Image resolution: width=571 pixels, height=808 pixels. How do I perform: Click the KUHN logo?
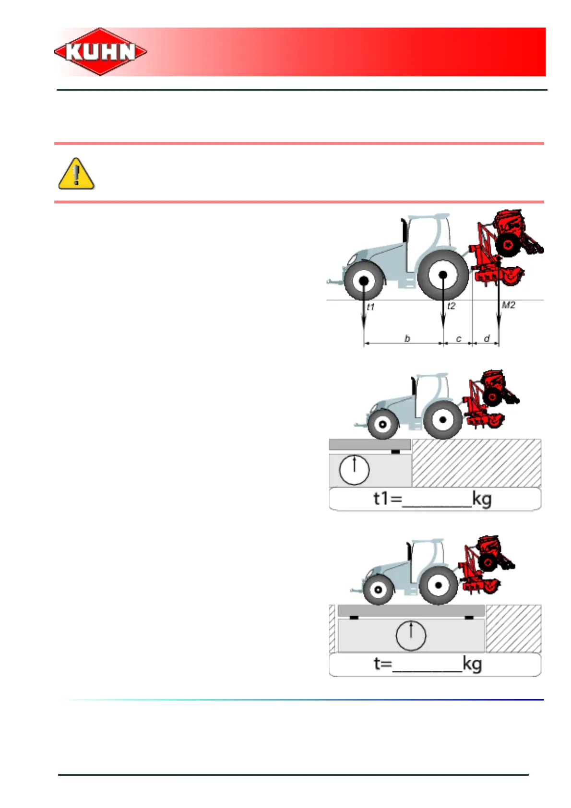(x=100, y=52)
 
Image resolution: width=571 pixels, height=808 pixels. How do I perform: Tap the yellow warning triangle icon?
(x=76, y=174)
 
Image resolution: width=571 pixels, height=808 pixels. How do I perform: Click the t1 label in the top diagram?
(x=370, y=307)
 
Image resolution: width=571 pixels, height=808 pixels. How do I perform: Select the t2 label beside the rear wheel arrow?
(x=451, y=306)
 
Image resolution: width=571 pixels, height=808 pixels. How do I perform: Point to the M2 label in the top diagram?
(x=508, y=305)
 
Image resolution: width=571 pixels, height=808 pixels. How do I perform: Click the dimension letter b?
(x=407, y=338)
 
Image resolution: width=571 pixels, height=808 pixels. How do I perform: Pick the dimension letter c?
(x=459, y=339)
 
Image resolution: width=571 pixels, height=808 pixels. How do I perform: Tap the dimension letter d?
(x=487, y=338)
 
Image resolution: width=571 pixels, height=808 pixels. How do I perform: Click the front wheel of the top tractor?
(x=364, y=281)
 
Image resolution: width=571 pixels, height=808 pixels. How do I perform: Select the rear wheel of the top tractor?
(x=443, y=275)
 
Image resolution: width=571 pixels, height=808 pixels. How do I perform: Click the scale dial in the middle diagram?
(x=354, y=470)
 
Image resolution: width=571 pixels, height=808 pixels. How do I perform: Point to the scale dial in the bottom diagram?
(x=411, y=635)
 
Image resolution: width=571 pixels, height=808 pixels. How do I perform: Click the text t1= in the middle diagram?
(x=388, y=499)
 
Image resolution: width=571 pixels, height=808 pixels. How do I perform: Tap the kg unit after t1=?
(x=482, y=499)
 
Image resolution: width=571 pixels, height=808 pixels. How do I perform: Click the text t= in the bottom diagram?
(x=383, y=664)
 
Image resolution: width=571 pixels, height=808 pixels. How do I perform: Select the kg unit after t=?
(x=472, y=665)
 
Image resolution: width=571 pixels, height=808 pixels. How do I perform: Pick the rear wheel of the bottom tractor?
(x=438, y=586)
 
